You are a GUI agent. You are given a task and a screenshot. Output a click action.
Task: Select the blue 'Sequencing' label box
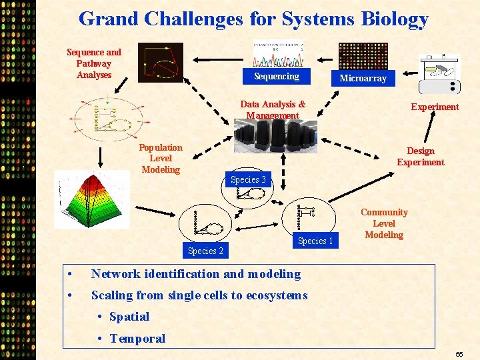[276, 77]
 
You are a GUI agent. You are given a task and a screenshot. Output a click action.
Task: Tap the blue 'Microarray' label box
[363, 79]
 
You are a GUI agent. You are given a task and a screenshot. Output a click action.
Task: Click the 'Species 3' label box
[248, 179]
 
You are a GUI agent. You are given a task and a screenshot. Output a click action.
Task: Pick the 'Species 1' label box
[315, 241]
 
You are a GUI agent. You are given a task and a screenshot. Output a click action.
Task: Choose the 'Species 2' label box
[205, 251]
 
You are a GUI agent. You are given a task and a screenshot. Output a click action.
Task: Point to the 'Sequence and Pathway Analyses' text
[94, 63]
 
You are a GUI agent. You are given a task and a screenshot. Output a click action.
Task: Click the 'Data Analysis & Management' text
[273, 109]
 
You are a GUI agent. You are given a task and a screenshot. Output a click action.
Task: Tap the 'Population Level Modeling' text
[161, 158]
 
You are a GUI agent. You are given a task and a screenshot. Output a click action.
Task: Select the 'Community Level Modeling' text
[384, 223]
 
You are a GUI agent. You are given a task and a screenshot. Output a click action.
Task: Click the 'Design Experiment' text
[420, 156]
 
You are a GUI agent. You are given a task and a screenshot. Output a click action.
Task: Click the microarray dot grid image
[363, 56]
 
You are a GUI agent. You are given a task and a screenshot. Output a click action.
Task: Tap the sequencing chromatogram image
[278, 55]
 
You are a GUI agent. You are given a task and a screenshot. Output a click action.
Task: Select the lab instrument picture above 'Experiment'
[439, 74]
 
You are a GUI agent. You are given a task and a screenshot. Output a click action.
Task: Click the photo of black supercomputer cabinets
[275, 137]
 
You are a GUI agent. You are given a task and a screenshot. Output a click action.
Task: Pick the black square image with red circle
[160, 63]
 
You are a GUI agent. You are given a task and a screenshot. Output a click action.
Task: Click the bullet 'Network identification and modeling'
[195, 274]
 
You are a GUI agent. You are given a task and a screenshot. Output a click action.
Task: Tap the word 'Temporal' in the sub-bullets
[137, 338]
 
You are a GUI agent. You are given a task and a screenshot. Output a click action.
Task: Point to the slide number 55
[459, 355]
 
